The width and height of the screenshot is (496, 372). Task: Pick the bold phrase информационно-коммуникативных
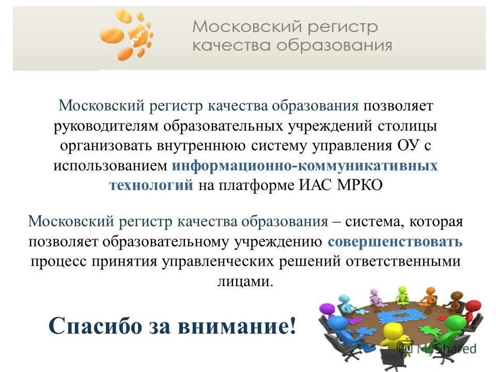305,166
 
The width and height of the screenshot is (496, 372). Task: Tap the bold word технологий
151,185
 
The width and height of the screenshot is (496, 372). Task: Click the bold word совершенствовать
395,242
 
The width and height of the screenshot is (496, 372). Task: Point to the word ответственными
404,261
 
